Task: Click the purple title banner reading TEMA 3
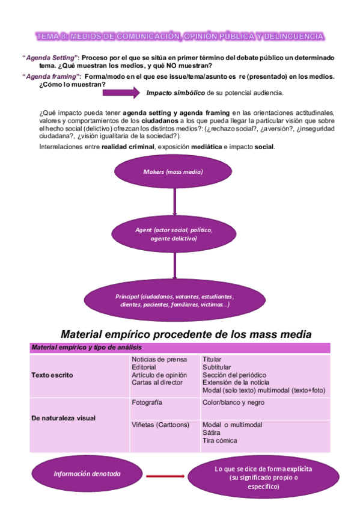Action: [180, 37]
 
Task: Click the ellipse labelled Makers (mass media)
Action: [173, 172]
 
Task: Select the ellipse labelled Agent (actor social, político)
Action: [174, 234]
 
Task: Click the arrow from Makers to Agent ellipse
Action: [174, 202]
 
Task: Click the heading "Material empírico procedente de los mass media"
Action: [186, 334]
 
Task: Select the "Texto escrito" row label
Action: [52, 375]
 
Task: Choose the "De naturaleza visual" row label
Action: [63, 417]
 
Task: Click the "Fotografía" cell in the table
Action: [147, 402]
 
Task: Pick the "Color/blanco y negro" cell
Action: [233, 402]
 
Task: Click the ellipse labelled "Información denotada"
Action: [87, 474]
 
